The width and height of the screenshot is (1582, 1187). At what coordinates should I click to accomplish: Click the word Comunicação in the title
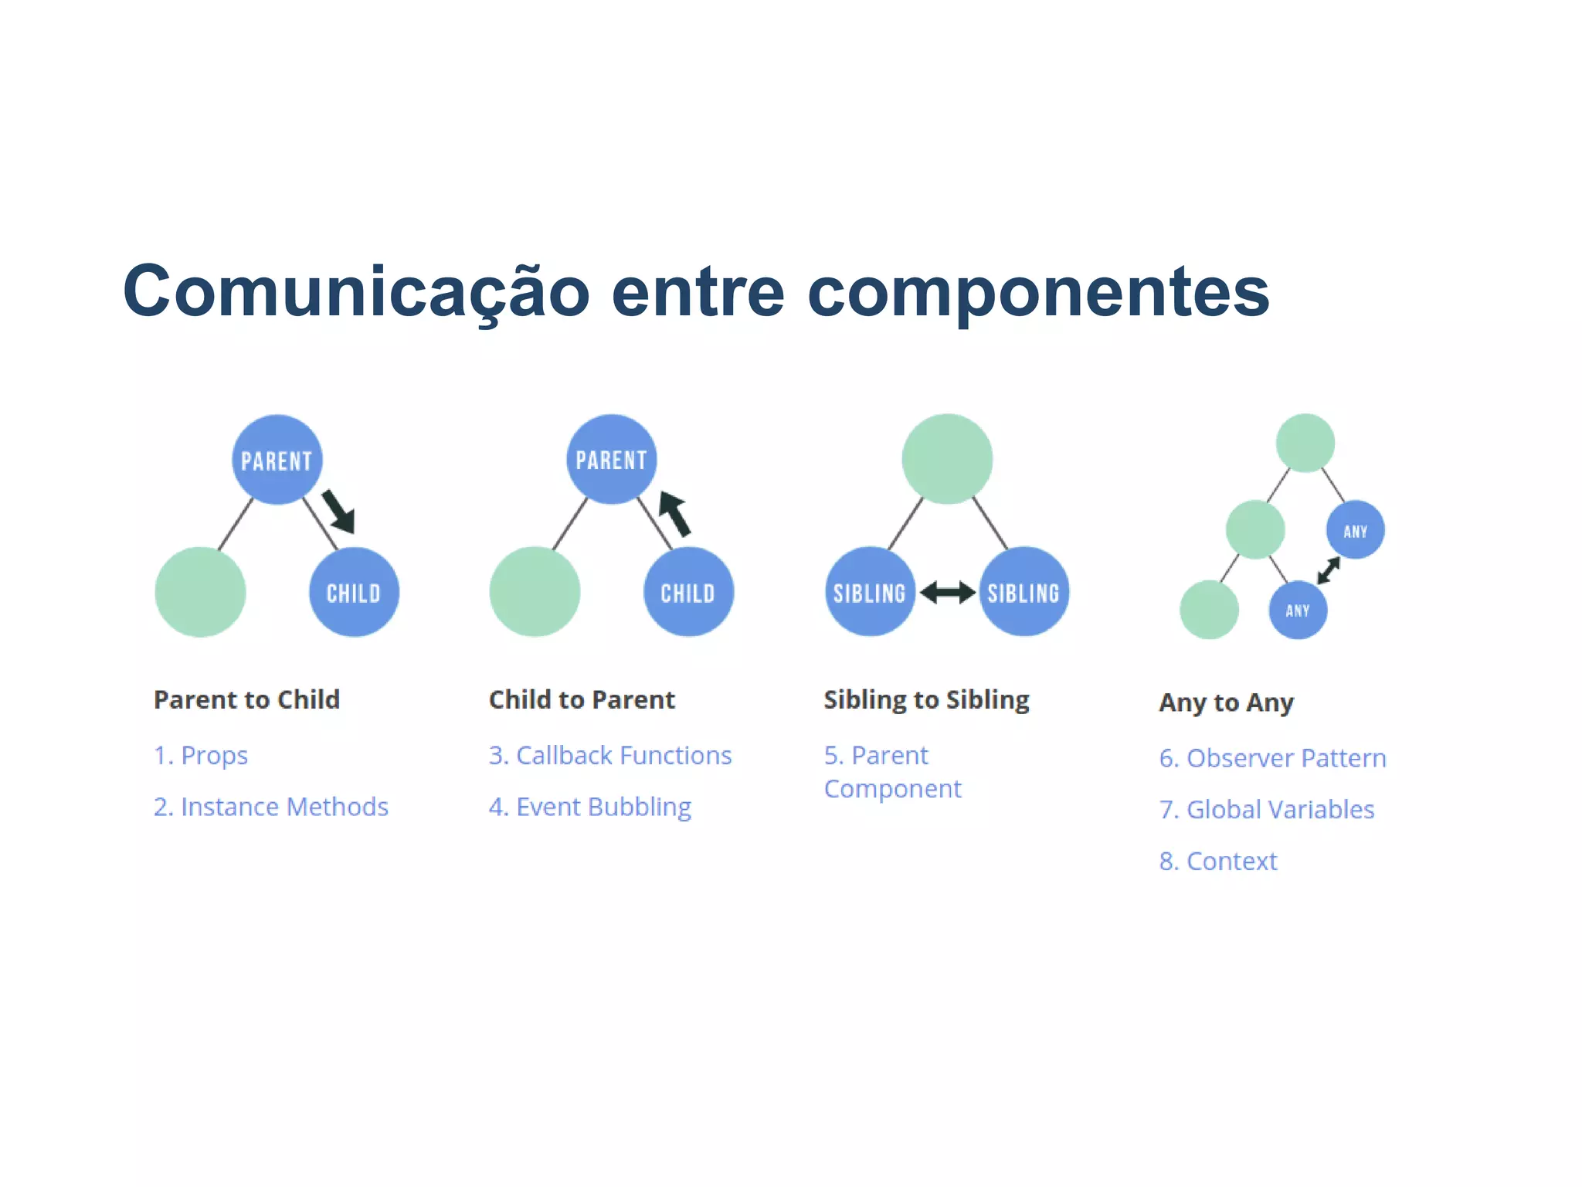click(x=356, y=292)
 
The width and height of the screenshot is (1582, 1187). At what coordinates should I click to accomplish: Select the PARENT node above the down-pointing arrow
click(x=277, y=460)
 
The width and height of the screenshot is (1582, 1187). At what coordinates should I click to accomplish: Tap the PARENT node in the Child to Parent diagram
click(x=611, y=459)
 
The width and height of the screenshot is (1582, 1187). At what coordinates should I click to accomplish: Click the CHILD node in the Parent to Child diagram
click(x=354, y=593)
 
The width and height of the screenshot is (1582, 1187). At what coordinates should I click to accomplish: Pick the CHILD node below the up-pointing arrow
click(x=687, y=593)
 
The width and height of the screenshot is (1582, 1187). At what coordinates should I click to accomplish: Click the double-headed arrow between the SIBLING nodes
click(x=947, y=593)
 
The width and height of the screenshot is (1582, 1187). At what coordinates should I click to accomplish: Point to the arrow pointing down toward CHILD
click(x=338, y=511)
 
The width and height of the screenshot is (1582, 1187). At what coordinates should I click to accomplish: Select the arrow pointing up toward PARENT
click(x=674, y=513)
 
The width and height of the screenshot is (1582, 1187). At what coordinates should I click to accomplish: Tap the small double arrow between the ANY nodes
click(x=1329, y=570)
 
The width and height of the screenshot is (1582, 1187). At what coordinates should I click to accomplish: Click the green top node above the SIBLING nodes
click(x=947, y=459)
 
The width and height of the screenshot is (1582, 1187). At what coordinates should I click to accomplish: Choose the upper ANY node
click(x=1355, y=531)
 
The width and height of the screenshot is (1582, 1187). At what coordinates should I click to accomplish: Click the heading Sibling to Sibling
click(x=926, y=699)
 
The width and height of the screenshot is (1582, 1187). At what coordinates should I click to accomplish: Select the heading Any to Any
click(x=1226, y=702)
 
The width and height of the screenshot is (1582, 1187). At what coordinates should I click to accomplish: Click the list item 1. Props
click(x=201, y=755)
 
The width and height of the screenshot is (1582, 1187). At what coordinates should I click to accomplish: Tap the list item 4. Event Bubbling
click(x=589, y=807)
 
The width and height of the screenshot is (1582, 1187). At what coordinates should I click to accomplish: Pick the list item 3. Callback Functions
click(x=609, y=755)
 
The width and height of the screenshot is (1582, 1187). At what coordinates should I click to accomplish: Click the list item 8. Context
click(x=1217, y=861)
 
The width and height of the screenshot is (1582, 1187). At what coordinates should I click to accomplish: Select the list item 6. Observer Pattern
click(x=1272, y=758)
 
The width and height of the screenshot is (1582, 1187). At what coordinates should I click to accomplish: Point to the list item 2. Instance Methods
click(x=270, y=807)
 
